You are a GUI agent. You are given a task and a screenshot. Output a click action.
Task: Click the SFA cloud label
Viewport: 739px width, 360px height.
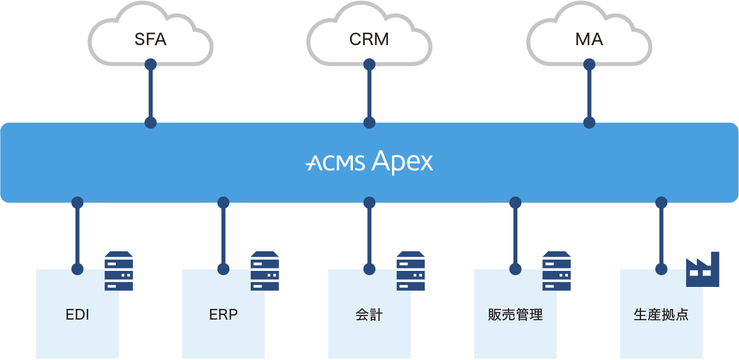point(150,40)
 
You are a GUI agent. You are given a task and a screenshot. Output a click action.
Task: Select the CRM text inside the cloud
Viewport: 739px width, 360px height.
point(369,40)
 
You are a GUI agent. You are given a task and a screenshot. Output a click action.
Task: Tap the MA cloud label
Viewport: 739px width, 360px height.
point(589,40)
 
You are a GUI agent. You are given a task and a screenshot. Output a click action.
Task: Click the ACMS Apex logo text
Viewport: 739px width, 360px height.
point(369,162)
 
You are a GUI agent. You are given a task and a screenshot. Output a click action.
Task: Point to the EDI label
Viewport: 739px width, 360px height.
point(77,315)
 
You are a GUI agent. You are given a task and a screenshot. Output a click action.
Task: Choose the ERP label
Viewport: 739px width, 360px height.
point(223,315)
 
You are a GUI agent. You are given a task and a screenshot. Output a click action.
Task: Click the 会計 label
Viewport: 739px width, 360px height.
point(369,315)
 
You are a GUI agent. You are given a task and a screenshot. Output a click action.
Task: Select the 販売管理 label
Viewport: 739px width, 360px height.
point(515,315)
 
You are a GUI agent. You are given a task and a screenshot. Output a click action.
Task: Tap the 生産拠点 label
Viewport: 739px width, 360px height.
point(661,315)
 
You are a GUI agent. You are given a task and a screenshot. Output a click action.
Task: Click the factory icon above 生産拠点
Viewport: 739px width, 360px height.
point(702,270)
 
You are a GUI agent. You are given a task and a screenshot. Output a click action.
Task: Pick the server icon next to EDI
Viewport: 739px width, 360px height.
point(119,271)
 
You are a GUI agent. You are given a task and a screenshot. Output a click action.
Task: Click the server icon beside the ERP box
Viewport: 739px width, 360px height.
point(265,271)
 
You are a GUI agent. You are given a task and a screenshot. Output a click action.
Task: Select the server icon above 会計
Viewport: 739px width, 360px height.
point(410,271)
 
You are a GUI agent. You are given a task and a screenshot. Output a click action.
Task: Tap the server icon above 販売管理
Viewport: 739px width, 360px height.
point(557,271)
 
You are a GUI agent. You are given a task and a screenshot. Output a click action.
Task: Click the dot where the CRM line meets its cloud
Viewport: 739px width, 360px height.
point(369,63)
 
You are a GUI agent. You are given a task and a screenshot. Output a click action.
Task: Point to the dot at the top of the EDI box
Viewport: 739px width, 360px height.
point(77,269)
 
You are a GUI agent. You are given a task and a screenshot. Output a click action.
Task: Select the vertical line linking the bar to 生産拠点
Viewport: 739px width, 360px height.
point(661,236)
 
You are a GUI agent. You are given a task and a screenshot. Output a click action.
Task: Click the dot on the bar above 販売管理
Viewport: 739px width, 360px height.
point(515,203)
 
